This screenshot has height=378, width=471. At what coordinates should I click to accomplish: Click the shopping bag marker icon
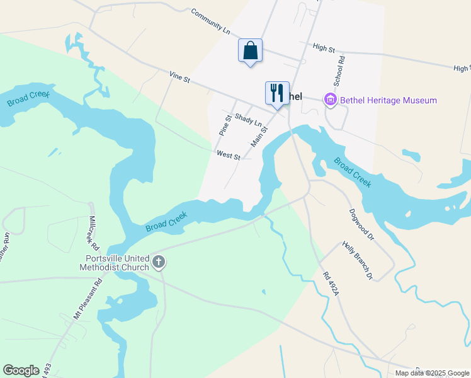(x=250, y=50)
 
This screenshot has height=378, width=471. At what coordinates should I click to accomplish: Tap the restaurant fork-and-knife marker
(x=277, y=93)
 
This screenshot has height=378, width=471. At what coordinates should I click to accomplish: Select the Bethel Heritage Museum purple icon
(x=330, y=100)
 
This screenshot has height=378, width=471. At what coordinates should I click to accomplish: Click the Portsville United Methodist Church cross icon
(x=159, y=261)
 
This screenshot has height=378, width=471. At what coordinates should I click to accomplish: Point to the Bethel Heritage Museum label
(x=389, y=100)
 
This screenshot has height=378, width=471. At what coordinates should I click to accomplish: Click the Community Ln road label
(x=210, y=21)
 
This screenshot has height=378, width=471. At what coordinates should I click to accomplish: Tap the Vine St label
(x=179, y=77)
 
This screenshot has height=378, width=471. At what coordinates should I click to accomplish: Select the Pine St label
(x=224, y=125)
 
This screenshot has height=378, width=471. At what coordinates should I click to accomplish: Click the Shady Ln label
(x=247, y=118)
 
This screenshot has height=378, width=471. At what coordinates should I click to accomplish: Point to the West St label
(x=228, y=155)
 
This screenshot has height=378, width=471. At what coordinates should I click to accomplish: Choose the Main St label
(x=259, y=137)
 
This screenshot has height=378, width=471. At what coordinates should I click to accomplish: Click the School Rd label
(x=340, y=72)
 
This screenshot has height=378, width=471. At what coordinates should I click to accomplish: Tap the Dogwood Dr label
(x=361, y=224)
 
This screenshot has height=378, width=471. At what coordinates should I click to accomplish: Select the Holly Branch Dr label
(x=358, y=260)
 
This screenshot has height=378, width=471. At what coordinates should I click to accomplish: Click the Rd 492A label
(x=331, y=283)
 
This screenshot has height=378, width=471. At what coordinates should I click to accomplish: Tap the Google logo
(x=21, y=370)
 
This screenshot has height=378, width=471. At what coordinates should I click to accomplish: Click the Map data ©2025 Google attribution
(x=432, y=373)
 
